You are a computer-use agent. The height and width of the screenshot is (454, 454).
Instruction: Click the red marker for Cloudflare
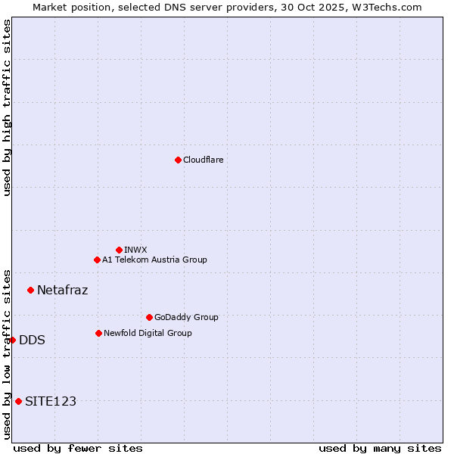tap(178, 160)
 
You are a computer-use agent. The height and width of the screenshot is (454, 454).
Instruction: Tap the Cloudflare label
tap(203, 160)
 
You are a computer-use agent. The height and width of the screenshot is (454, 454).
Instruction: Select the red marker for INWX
tap(119, 250)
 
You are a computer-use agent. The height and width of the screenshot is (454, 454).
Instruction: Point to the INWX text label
tap(135, 250)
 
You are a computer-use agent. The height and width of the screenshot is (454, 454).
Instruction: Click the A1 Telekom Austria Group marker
tap(97, 260)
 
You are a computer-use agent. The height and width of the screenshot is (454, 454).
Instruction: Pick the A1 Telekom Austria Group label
tap(154, 260)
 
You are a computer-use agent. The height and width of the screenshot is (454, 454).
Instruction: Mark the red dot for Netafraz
tap(30, 290)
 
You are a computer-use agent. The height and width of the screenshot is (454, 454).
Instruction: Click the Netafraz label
tap(62, 290)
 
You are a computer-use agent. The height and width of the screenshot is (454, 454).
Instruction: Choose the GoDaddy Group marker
tap(149, 317)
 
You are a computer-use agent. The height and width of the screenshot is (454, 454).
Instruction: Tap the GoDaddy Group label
tap(186, 317)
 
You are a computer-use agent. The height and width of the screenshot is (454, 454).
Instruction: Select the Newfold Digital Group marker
tap(98, 333)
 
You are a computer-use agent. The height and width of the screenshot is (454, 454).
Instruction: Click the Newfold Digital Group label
tap(148, 333)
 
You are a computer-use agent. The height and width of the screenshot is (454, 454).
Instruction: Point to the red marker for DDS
tap(13, 340)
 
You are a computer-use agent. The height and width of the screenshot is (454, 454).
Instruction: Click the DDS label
tap(32, 340)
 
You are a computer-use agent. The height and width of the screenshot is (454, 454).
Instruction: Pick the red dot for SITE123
tap(18, 401)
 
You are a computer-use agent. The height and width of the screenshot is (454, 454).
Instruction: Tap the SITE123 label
tap(51, 401)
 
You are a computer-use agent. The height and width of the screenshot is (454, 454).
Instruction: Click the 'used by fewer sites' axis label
tap(78, 448)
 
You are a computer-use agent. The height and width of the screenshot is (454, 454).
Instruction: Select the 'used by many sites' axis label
tap(380, 448)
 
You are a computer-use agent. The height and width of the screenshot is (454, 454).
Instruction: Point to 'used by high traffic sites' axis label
tap(7, 107)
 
